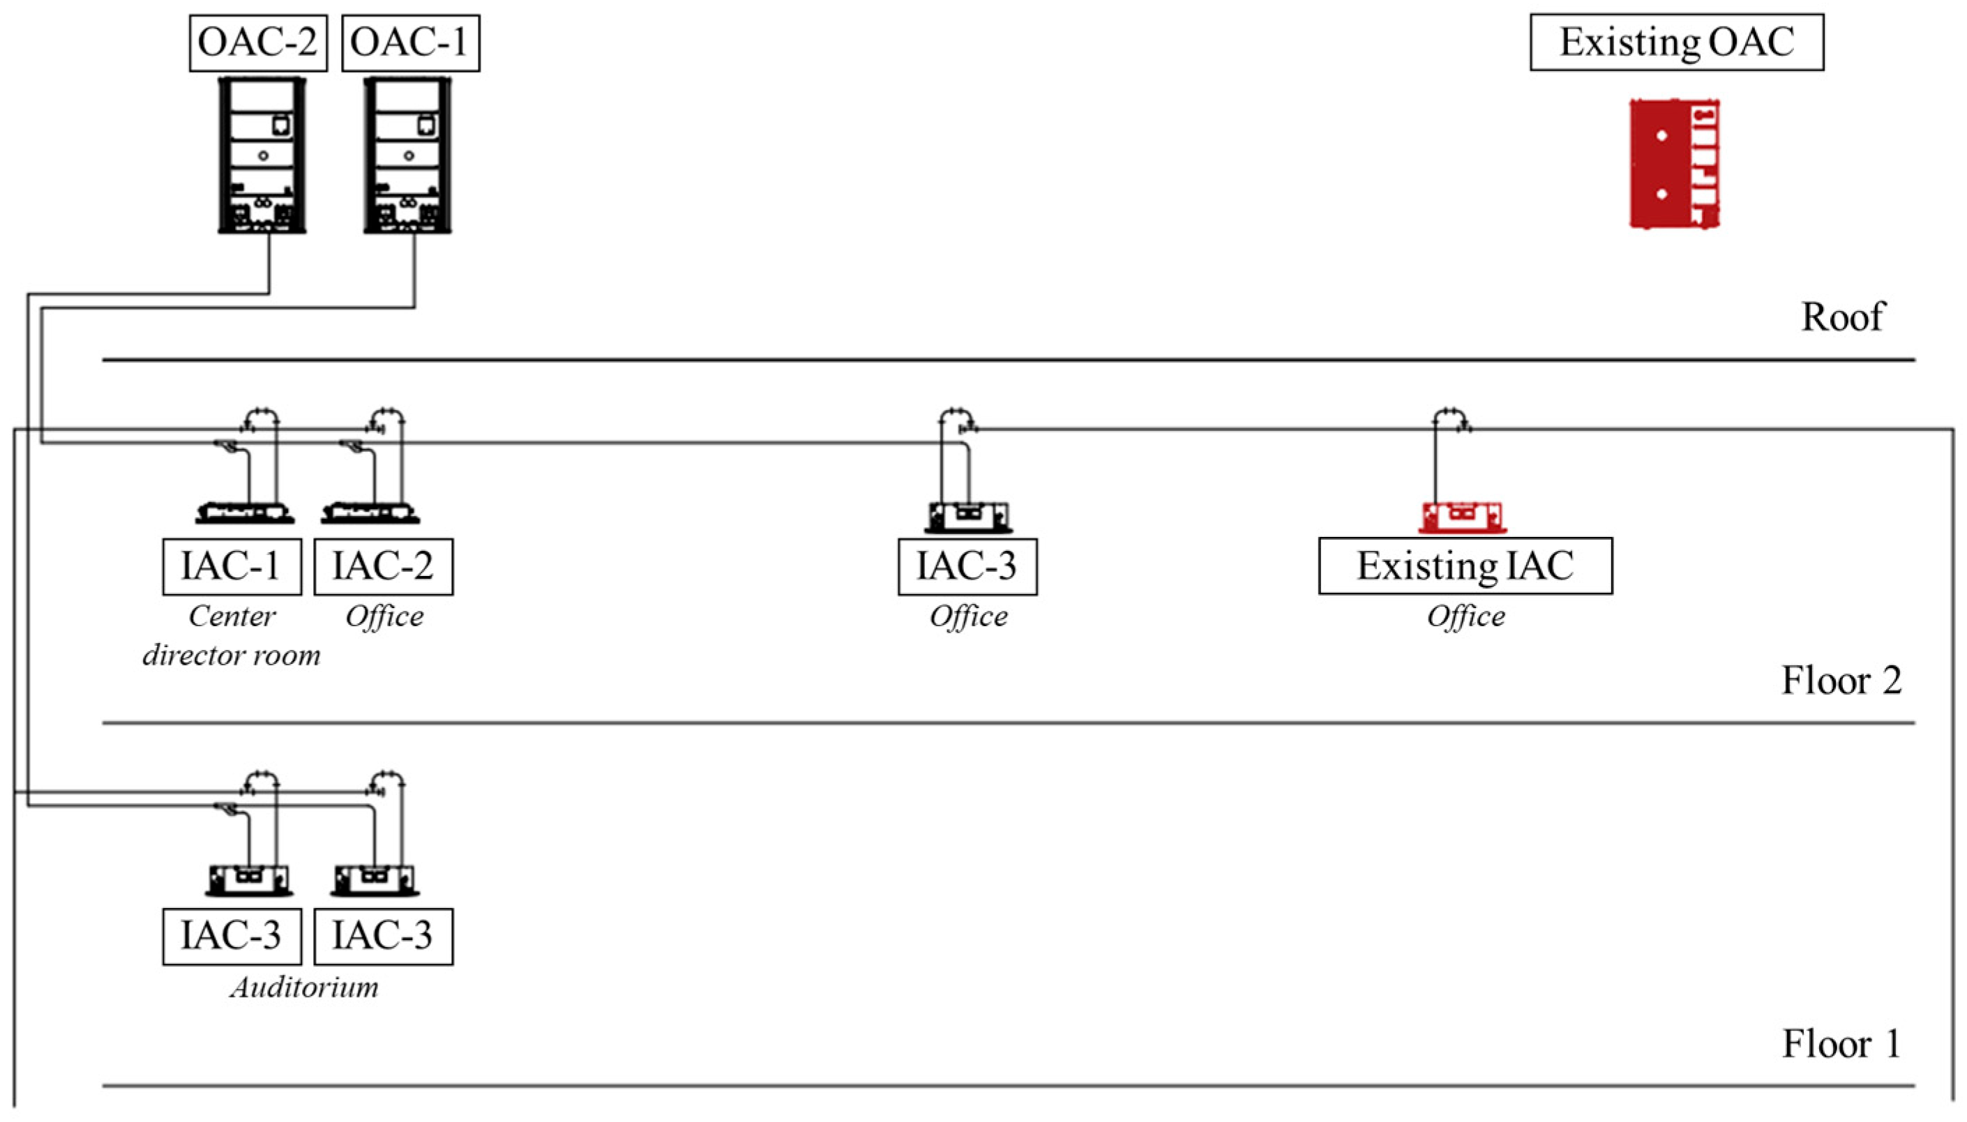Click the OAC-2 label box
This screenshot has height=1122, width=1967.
click(258, 43)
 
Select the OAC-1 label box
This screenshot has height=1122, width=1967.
click(410, 43)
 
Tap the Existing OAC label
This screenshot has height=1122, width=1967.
click(1676, 43)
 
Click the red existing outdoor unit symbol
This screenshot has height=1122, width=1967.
click(1674, 163)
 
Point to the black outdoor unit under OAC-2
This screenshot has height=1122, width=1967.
click(262, 155)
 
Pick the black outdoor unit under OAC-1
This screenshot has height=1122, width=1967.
click(408, 155)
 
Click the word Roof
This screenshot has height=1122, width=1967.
click(1842, 317)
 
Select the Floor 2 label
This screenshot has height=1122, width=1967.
click(1841, 681)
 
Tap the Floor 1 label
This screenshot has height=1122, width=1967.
click(1841, 1044)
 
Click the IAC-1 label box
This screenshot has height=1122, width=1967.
click(232, 566)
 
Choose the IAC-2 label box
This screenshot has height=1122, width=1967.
click(384, 566)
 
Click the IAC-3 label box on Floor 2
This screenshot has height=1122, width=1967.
click(967, 566)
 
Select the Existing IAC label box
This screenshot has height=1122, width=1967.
click(1465, 566)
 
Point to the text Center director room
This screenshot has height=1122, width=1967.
click(232, 636)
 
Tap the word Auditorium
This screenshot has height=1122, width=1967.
click(304, 987)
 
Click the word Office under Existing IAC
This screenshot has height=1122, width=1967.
click(1465, 616)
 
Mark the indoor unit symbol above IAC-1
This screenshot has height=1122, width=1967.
click(245, 513)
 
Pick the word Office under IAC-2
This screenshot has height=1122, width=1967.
click(384, 616)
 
